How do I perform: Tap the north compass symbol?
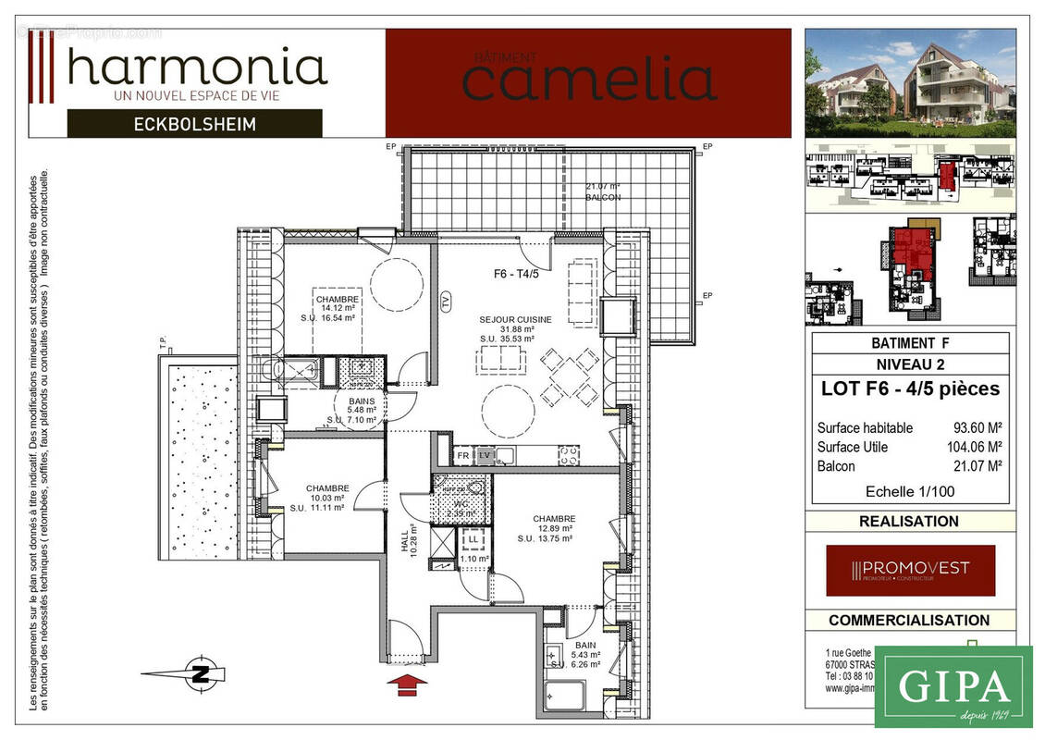198,674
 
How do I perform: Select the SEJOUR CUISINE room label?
515,319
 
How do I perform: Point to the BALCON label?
603,197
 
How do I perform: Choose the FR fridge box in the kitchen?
462,456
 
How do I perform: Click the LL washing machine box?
473,538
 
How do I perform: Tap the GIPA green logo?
953,686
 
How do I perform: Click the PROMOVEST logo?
910,570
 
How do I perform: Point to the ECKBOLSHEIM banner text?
194,123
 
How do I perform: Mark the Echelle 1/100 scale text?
909,491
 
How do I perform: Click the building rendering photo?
910,82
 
